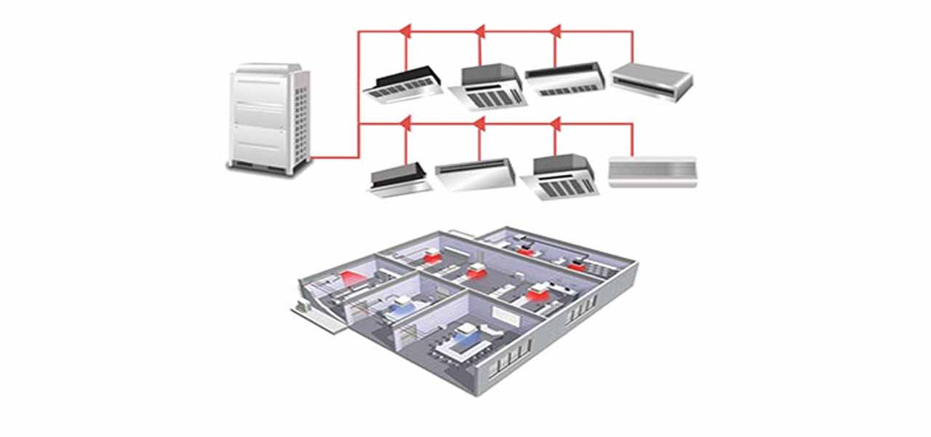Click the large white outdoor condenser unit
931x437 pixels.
[268, 118]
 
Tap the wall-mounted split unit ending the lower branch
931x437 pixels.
[652, 171]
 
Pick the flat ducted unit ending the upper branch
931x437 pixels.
[651, 81]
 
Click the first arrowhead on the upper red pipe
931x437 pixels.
[405, 31]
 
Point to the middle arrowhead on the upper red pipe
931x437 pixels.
[479, 31]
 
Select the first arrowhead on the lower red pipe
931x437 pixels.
[405, 124]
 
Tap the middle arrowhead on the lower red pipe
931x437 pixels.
[479, 124]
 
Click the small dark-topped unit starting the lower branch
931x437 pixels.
[399, 178]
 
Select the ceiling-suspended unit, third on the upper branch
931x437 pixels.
[565, 79]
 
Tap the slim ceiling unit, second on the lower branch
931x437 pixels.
[475, 175]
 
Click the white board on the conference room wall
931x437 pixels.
[501, 314]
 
